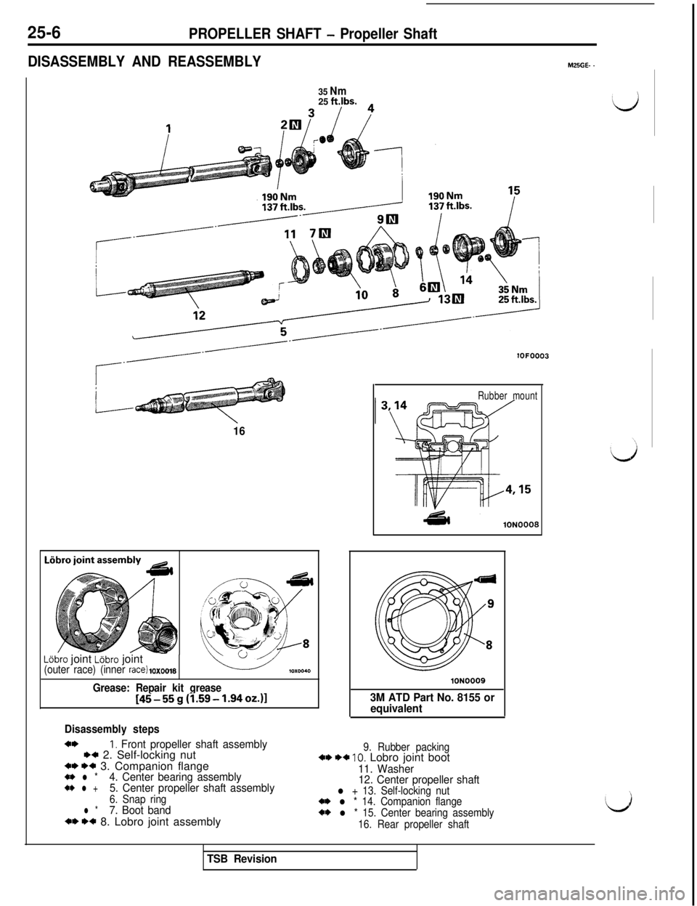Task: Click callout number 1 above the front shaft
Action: (x=168, y=128)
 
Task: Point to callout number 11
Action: (x=289, y=235)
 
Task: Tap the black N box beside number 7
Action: (x=325, y=233)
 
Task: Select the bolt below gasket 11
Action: (x=266, y=301)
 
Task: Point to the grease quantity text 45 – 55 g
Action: (x=200, y=698)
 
